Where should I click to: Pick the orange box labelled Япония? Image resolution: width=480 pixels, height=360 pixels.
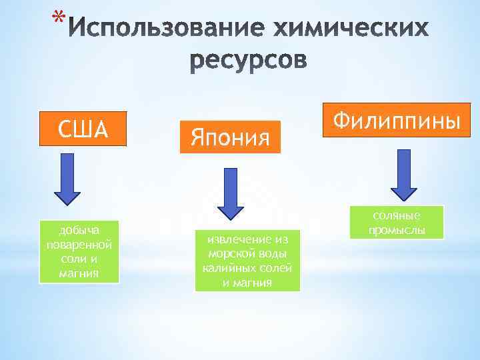click(x=230, y=138)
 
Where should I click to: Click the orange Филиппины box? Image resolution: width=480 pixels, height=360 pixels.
click(x=397, y=120)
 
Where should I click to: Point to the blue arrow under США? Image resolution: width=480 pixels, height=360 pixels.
click(x=67, y=180)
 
